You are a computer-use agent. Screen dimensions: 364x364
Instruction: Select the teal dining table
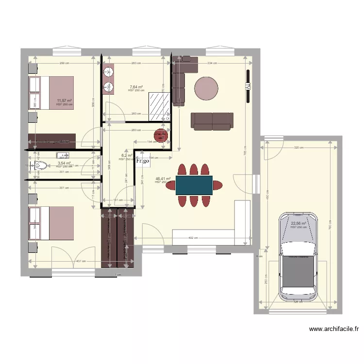(194, 184)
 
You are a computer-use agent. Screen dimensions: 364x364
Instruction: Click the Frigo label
(143, 161)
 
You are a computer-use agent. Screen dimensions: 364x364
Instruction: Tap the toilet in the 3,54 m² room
(40, 166)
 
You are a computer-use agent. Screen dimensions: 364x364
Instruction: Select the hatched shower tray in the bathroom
(159, 105)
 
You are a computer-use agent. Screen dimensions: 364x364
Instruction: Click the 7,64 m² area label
(136, 87)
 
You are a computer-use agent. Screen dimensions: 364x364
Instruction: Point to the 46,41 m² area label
(163, 179)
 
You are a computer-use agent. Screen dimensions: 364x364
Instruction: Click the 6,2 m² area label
(127, 156)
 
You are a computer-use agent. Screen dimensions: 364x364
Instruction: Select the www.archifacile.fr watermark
(334, 329)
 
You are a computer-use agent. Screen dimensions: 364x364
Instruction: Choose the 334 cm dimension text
(212, 63)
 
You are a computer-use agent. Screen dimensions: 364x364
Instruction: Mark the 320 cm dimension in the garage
(298, 148)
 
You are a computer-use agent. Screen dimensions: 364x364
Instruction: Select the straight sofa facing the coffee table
(211, 121)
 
